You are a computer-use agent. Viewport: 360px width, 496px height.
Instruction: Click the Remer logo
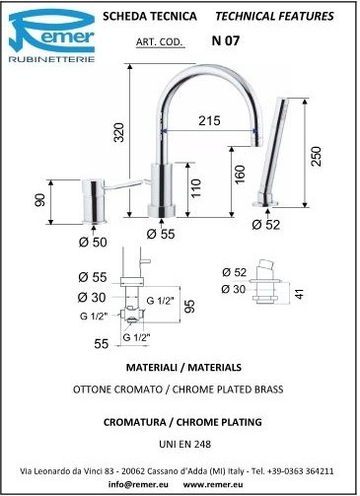pos(51,35)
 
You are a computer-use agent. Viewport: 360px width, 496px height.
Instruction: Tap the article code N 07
pos(226,40)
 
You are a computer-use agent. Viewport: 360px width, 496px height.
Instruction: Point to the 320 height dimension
pos(119,132)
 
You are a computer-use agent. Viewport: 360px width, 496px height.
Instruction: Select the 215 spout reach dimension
pos(209,120)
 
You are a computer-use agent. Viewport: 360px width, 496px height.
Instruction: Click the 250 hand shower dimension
pos(316,157)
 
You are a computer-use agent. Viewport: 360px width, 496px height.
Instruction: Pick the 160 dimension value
pos(241,175)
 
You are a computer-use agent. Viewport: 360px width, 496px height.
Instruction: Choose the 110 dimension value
pos(195,188)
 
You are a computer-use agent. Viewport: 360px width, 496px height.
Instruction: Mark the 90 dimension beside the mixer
pos(39,200)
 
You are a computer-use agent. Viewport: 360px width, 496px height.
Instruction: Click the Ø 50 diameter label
pos(93,243)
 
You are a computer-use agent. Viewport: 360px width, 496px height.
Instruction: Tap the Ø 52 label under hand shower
pos(266,225)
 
